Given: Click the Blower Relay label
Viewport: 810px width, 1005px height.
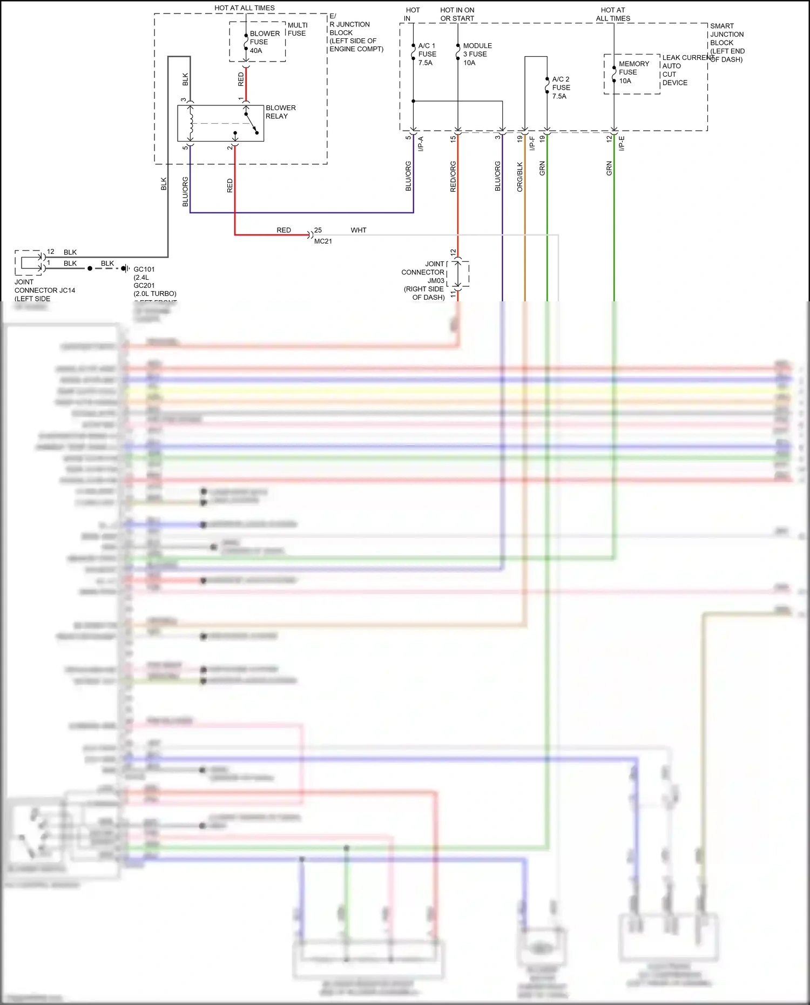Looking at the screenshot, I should click(280, 112).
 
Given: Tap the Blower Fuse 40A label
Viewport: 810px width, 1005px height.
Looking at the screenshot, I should click(264, 42).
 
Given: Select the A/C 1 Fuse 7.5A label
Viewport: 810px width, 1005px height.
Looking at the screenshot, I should click(427, 54).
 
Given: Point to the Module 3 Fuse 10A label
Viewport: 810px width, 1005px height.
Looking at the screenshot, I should click(477, 54).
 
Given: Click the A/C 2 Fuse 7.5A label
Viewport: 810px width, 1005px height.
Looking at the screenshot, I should click(561, 87).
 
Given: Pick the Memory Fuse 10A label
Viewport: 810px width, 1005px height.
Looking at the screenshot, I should click(633, 72).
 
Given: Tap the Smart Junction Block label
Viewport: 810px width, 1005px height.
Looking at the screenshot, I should click(727, 43).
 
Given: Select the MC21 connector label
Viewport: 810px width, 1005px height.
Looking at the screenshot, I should click(323, 241).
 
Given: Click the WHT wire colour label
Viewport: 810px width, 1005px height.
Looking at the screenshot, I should click(359, 230).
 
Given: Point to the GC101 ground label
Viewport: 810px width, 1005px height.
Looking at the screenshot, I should click(144, 269).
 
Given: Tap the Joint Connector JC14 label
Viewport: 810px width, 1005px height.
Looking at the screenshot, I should click(44, 290).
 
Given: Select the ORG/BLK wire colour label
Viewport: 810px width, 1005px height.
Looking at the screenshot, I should click(520, 177).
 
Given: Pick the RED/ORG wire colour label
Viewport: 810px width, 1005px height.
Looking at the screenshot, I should click(453, 177).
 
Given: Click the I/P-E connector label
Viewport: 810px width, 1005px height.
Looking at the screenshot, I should click(622, 144).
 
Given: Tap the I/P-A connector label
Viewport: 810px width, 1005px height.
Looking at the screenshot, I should click(421, 144).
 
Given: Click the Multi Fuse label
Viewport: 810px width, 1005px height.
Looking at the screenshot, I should click(297, 29).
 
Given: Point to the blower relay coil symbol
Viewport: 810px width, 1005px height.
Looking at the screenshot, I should click(190, 123).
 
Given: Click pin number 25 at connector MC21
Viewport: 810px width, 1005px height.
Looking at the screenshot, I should click(318, 230).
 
